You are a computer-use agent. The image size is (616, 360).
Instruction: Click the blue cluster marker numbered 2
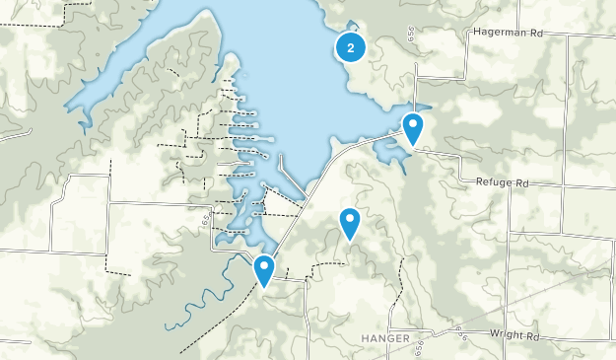(x=351, y=46)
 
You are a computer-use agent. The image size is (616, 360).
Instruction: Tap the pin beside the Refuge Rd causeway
(x=413, y=129)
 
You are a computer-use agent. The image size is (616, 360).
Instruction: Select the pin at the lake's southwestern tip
(x=264, y=270)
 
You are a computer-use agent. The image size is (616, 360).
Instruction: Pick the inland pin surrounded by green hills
(x=350, y=224)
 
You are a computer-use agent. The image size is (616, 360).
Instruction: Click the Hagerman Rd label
(x=509, y=32)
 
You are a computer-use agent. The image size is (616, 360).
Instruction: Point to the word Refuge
(x=496, y=183)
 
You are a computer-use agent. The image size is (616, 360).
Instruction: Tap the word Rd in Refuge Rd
(x=522, y=183)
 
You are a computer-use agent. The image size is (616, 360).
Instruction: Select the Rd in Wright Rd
(x=532, y=336)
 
